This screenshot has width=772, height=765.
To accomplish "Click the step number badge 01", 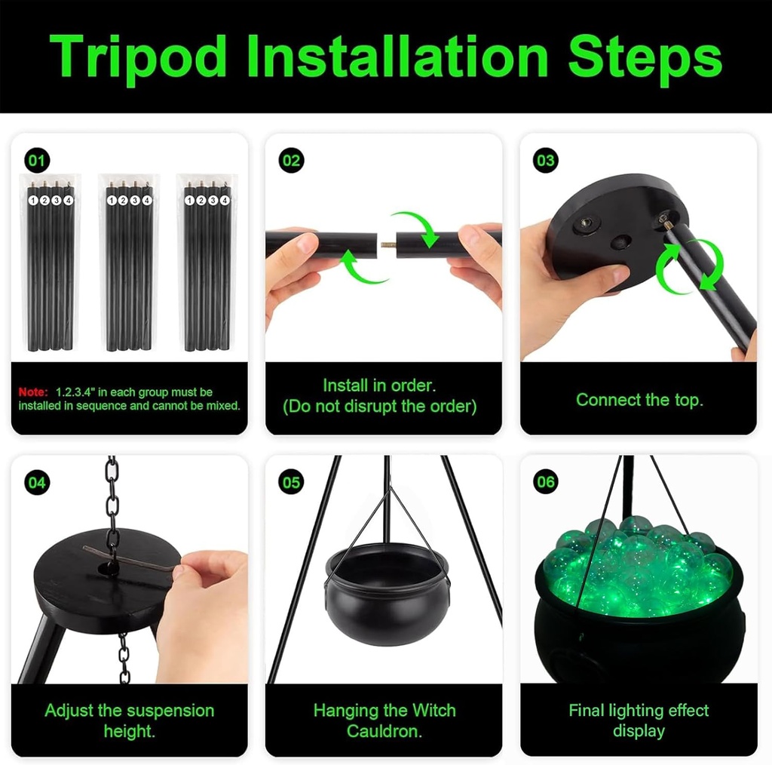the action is [37, 160].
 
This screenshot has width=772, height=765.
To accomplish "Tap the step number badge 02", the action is [291, 160].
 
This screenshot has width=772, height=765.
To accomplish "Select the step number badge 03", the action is [546, 160].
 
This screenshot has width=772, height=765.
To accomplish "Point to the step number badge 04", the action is [37, 482].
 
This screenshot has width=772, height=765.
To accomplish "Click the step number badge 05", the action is [291, 482].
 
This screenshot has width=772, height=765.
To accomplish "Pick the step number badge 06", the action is [546, 481].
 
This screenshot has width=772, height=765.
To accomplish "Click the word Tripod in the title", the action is [137, 58].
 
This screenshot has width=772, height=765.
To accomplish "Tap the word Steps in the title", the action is [645, 58].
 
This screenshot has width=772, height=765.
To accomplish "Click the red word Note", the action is [33, 392].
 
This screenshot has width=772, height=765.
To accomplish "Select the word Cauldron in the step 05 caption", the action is [384, 731].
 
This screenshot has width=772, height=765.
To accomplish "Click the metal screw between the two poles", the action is [388, 244].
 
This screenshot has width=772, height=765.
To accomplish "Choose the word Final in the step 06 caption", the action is [587, 711].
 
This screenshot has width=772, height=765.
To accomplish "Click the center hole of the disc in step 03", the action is [621, 242].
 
